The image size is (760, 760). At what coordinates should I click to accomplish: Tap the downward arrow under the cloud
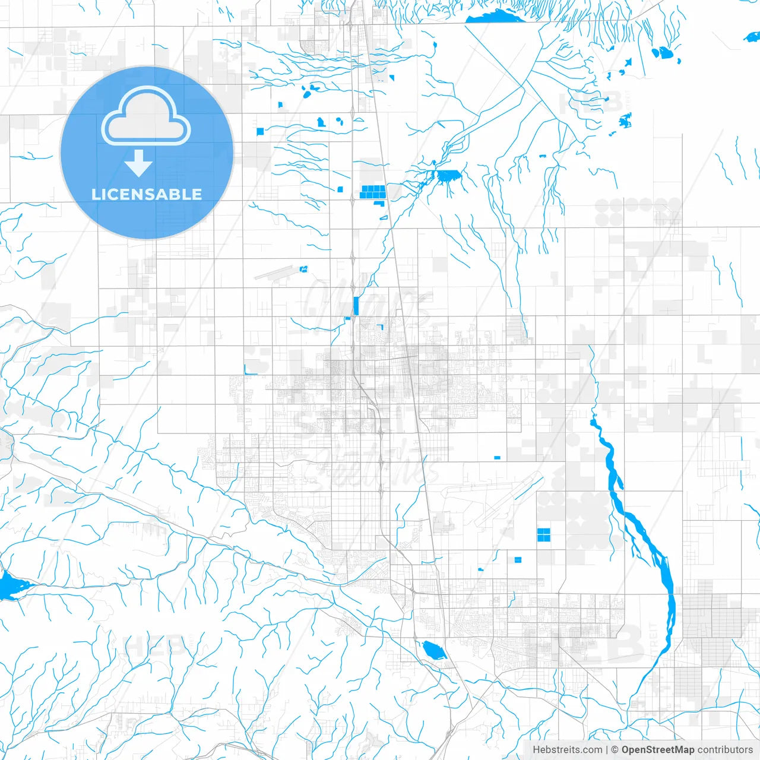pos(139,164)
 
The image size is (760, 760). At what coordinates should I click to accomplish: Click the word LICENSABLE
pos(147,194)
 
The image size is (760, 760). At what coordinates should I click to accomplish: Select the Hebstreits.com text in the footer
pos(567,750)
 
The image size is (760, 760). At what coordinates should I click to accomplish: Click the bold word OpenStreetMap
pos(658,750)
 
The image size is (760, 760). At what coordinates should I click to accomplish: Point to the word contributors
pos(725,750)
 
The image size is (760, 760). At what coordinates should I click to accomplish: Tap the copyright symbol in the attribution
pos(615,750)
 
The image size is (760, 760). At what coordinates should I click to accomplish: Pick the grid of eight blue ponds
pos(372,191)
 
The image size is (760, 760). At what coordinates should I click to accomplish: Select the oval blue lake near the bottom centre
pos(434,651)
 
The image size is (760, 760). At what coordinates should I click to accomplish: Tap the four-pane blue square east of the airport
pos(543,535)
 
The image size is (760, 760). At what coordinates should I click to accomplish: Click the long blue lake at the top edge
pos(496,17)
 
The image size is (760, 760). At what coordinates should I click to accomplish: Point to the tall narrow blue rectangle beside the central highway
pos(356,306)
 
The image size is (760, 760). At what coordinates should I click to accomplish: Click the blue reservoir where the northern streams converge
pos(448,175)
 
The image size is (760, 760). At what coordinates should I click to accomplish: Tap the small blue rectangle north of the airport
pos(497,458)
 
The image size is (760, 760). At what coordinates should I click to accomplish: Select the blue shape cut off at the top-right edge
pos(752,37)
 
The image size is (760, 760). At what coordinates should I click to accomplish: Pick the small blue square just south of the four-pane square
pos(518,559)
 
